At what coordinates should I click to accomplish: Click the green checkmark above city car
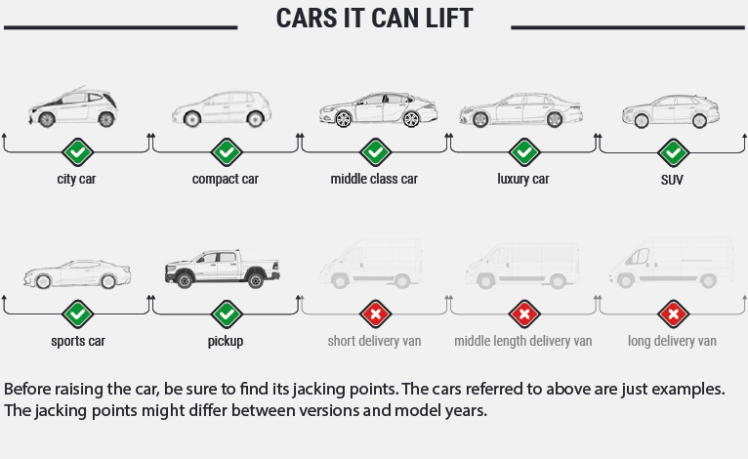click(77, 152)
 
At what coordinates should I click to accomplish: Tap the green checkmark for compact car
click(227, 152)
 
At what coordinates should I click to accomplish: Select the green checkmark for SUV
click(673, 152)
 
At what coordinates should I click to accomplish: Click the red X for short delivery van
click(375, 314)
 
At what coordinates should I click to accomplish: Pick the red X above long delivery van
click(673, 314)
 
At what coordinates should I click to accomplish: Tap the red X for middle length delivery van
click(524, 314)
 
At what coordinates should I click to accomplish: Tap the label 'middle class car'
click(374, 180)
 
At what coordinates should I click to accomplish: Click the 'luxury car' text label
click(523, 180)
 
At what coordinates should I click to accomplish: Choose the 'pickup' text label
click(226, 342)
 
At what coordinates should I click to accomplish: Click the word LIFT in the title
click(445, 19)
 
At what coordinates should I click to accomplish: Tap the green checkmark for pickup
click(227, 314)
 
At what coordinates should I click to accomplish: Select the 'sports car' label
click(78, 342)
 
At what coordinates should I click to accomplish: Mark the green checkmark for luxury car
click(524, 152)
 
